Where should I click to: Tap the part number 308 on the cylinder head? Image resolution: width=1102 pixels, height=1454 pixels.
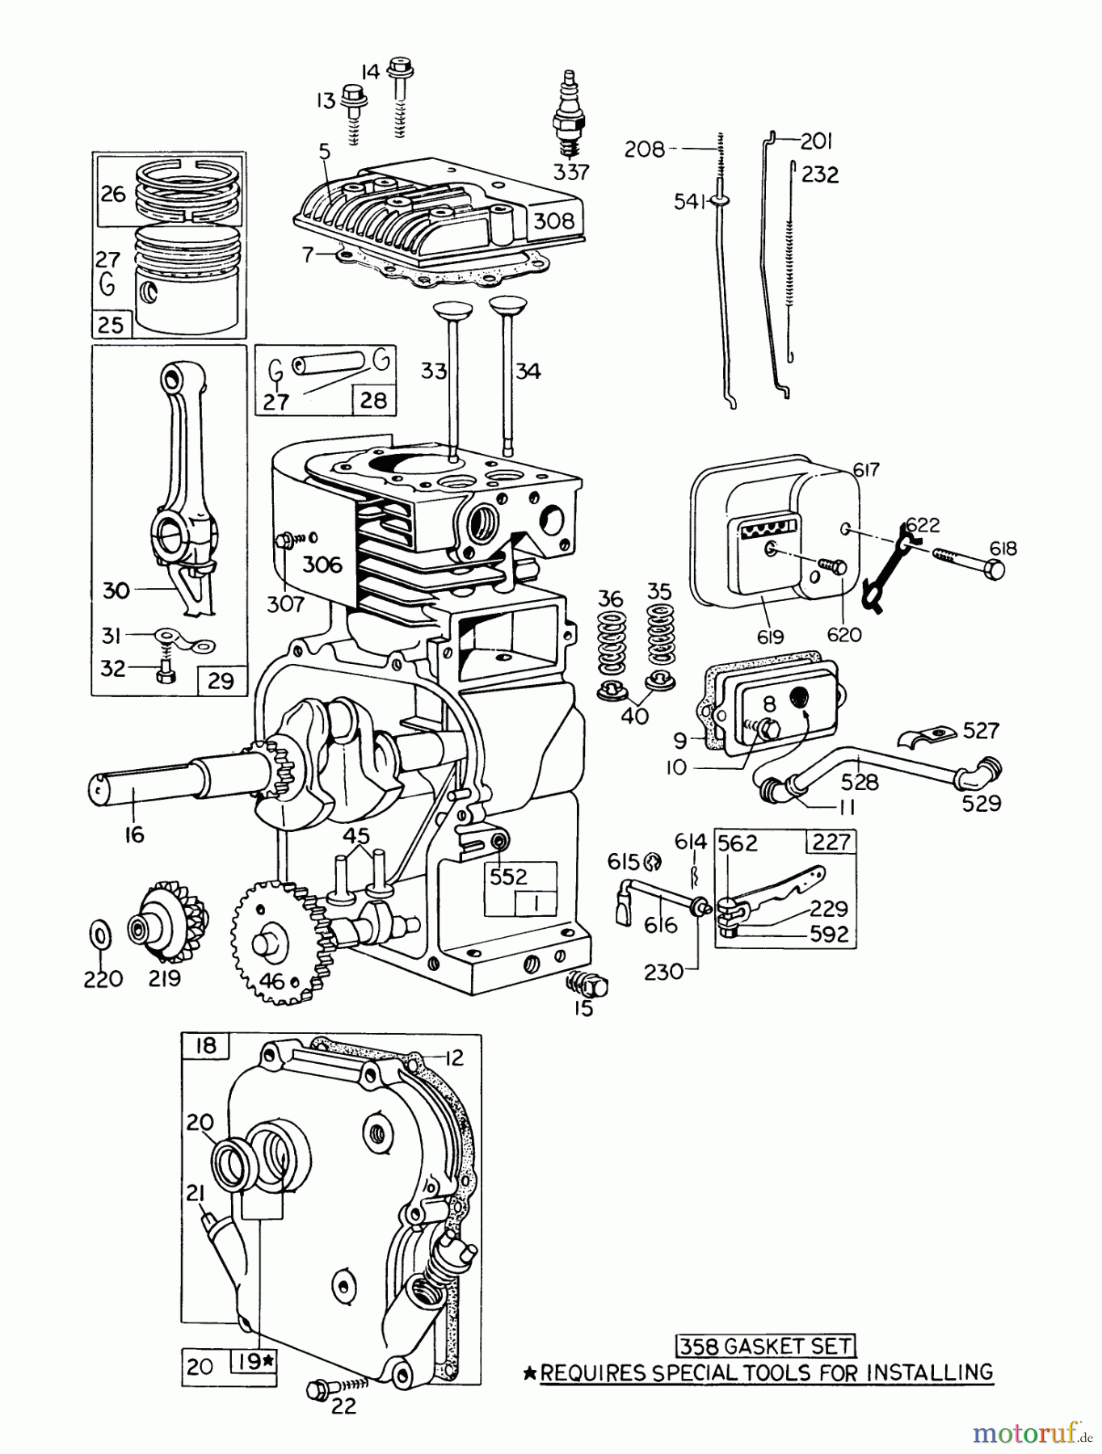pos(553,221)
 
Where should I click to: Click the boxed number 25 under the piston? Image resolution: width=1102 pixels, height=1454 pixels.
pos(111,325)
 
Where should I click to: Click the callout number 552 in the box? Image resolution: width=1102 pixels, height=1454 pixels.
pos(507,876)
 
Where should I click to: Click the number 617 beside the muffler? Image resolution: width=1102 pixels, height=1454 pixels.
pos(865,469)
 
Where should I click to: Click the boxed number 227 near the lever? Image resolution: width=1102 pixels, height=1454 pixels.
pos(831,842)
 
